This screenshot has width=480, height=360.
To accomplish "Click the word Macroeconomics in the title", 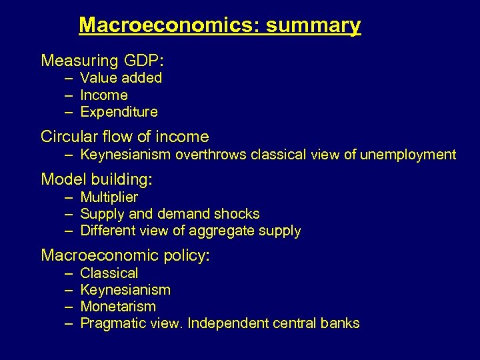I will point(169,26).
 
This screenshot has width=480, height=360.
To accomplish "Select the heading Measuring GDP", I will point(103,61).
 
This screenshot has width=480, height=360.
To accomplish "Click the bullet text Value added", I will point(121,78).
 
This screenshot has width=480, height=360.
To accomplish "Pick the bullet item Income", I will point(103,95).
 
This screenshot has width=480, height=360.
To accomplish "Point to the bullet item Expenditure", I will point(119,112).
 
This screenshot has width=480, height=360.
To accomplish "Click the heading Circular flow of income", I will point(125,137).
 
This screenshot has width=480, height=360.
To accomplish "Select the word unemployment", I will point(408,155).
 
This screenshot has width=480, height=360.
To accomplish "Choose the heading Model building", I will point(97,179).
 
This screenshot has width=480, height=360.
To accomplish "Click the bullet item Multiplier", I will point(109,197).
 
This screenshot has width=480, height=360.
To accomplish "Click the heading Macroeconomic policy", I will point(125,255).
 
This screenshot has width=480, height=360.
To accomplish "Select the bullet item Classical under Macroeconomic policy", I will point(109,273).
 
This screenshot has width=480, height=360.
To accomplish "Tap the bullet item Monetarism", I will point(117,307).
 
